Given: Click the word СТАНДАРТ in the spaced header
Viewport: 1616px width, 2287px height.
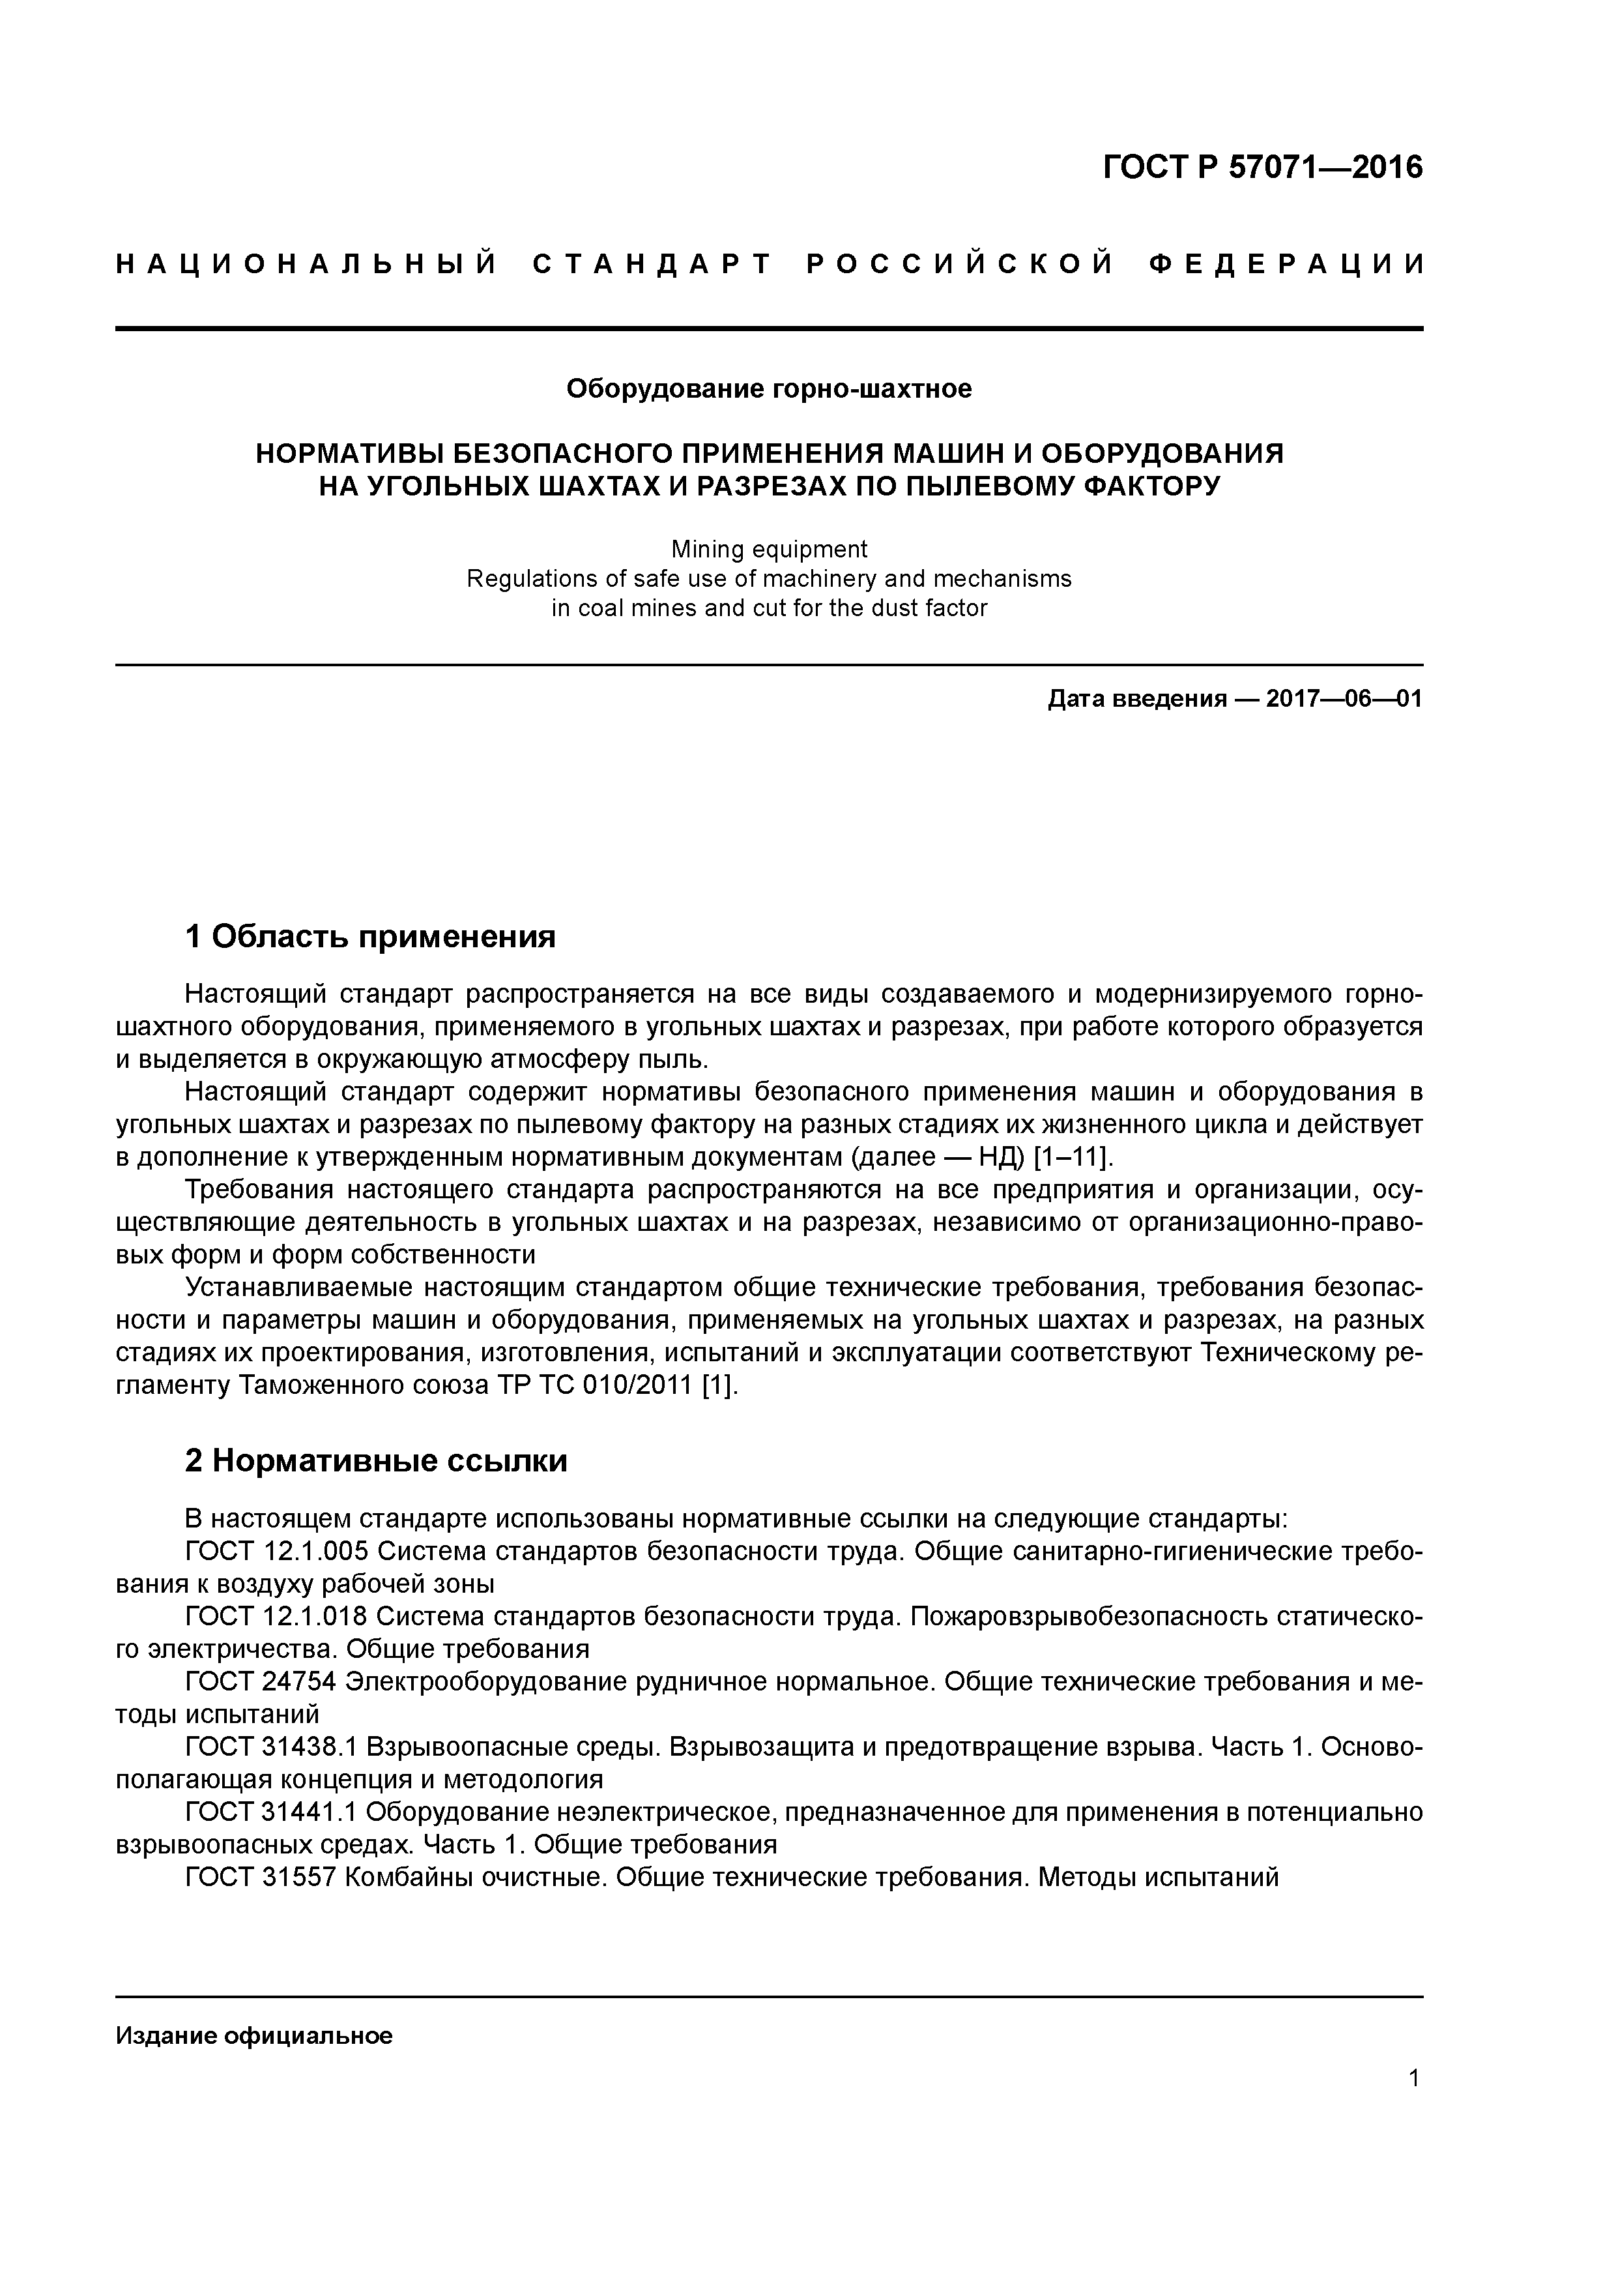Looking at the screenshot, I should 652,264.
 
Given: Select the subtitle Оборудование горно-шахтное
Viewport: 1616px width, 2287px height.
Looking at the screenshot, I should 769,389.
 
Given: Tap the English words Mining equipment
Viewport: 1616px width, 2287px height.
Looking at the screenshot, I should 769,549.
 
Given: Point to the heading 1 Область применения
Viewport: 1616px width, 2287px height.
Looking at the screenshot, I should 370,936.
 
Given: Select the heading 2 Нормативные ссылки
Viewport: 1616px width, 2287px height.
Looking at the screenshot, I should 377,1460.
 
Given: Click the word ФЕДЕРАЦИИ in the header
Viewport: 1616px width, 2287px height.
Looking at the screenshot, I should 1286,264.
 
